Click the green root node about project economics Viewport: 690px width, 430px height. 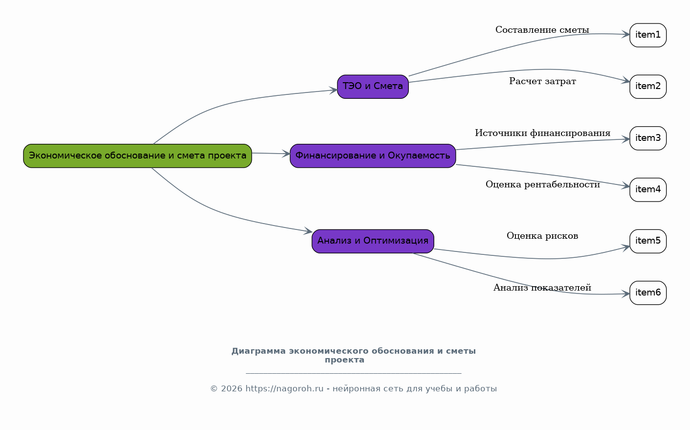137,156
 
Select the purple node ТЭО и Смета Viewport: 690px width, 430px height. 373,87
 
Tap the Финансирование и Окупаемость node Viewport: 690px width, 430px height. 373,156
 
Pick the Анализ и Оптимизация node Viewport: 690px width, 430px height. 373,241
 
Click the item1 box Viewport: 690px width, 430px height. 647,35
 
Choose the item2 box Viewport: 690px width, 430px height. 647,87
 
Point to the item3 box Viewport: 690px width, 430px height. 647,138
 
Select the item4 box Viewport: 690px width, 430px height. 647,190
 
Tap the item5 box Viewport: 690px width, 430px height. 647,241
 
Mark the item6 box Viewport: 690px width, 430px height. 647,293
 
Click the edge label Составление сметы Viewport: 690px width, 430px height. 542,30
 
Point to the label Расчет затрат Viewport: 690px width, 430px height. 542,82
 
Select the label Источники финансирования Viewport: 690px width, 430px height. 542,134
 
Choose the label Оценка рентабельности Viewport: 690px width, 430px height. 542,185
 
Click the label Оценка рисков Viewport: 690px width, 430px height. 542,236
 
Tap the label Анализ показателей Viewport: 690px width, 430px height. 542,288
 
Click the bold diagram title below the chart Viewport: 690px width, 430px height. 353,356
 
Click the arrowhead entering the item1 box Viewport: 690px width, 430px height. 625,35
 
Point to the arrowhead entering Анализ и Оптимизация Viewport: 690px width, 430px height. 308,231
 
